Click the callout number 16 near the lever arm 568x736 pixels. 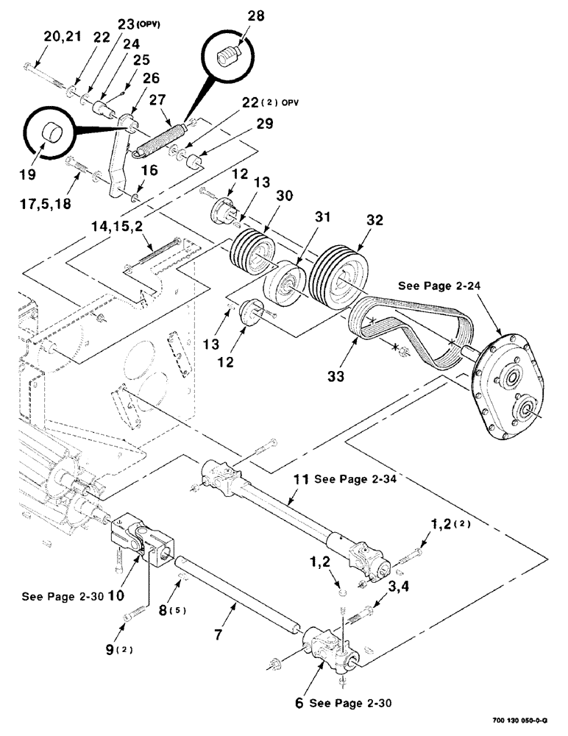pyautogui.click(x=150, y=171)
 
